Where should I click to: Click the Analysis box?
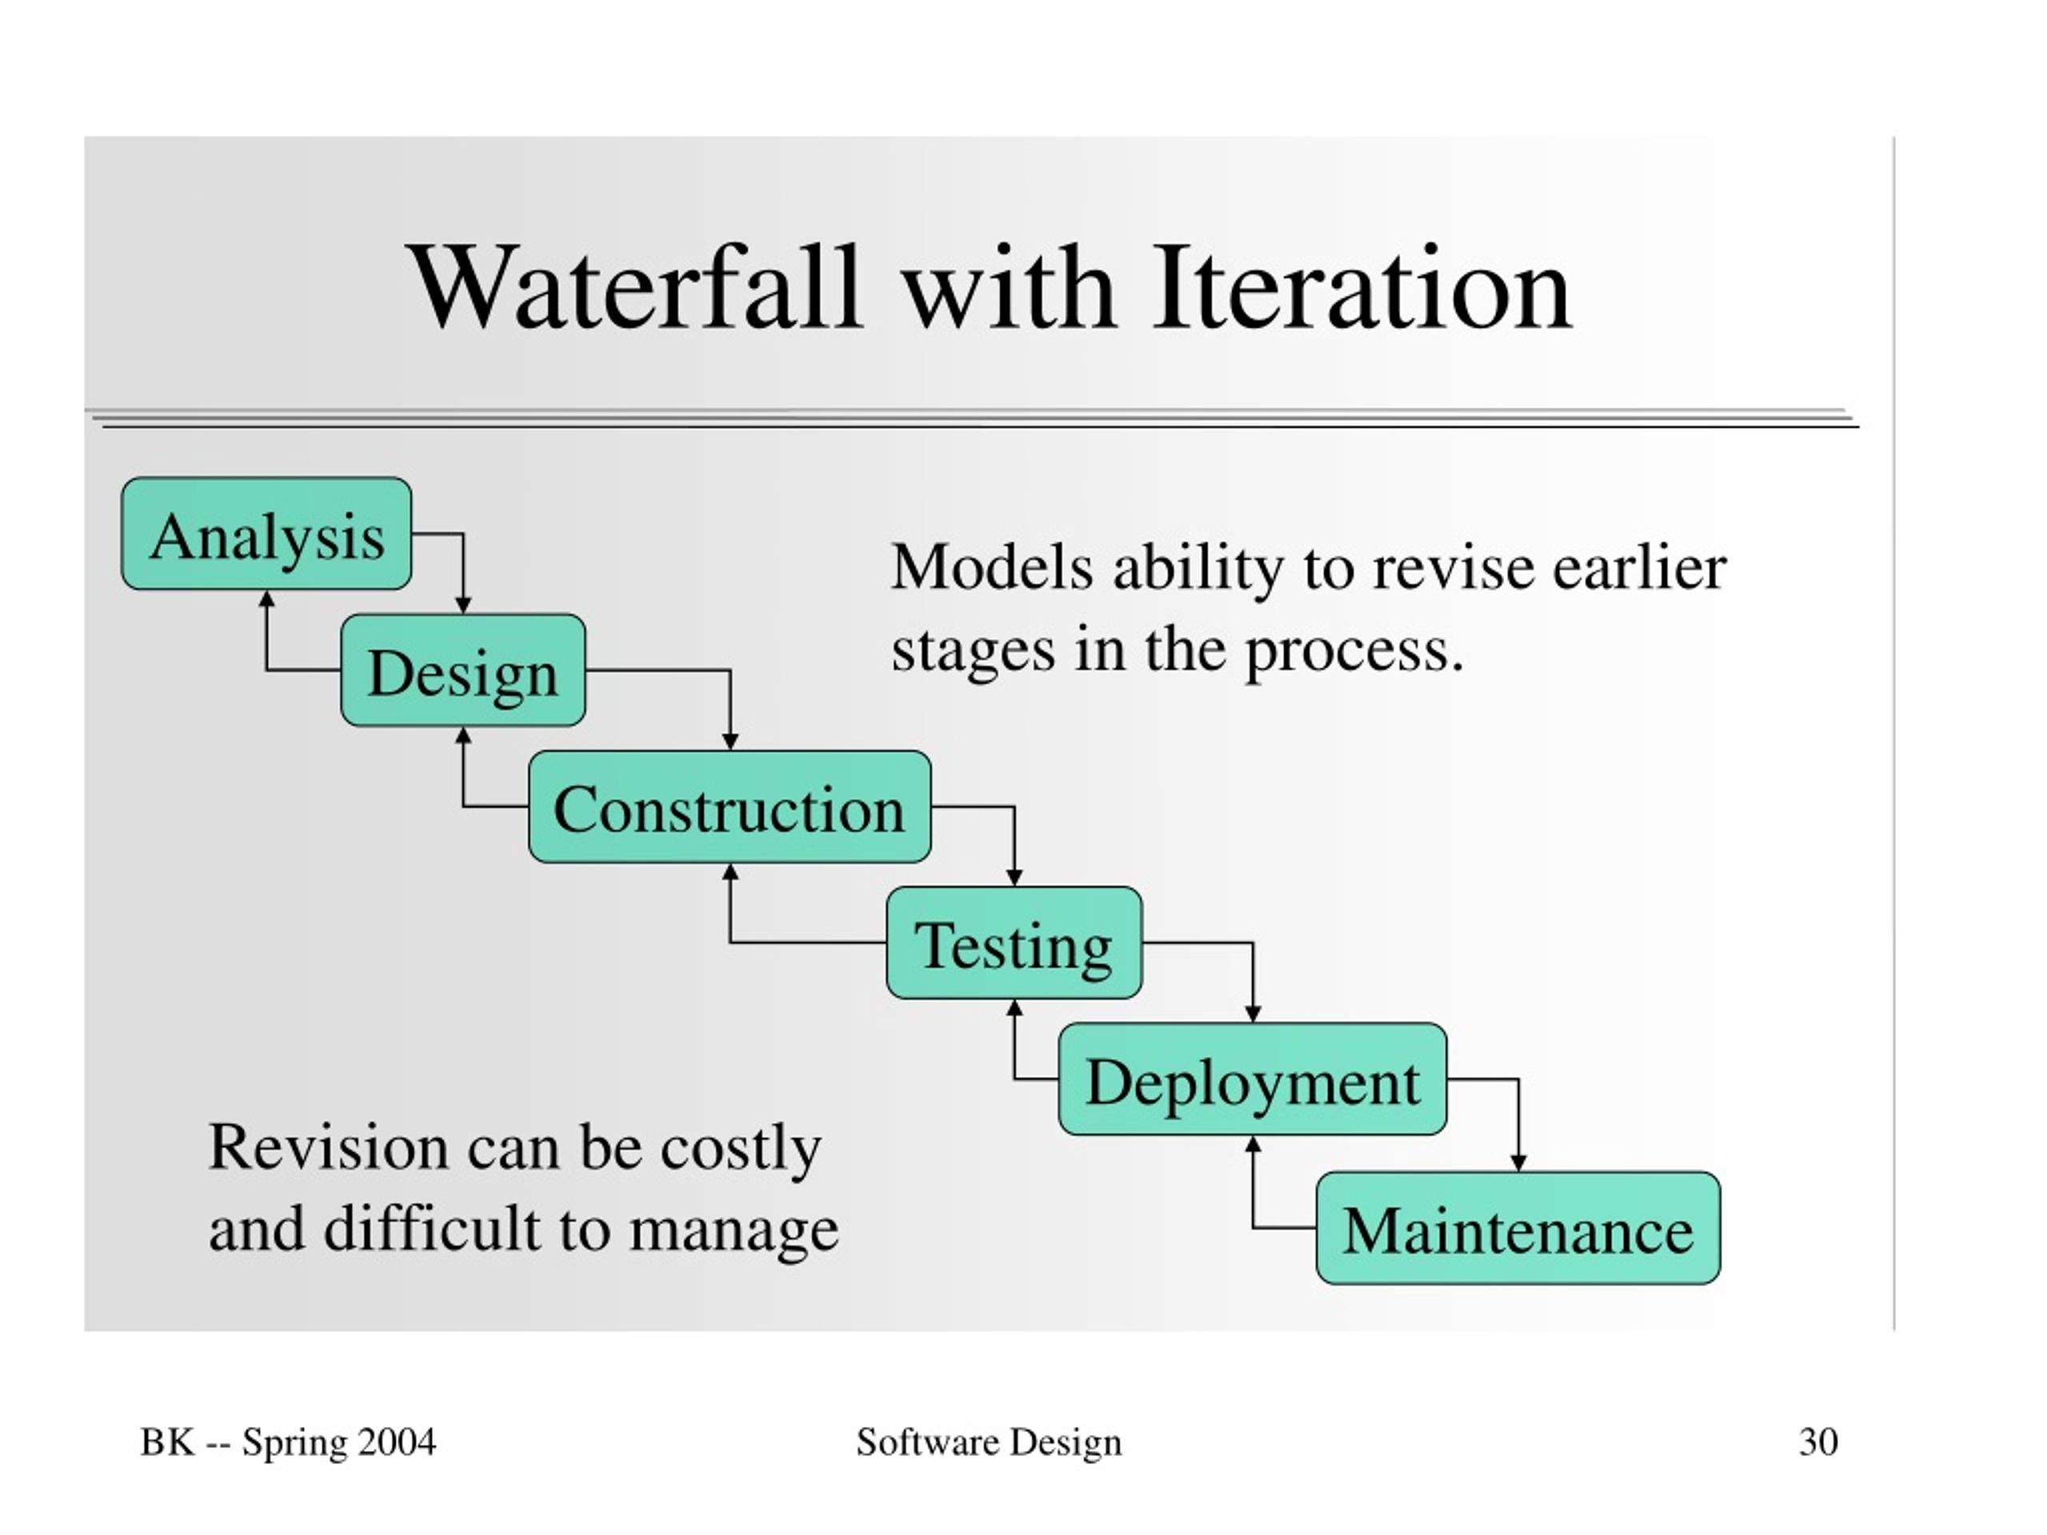click(x=266, y=534)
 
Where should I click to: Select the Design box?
click(x=463, y=670)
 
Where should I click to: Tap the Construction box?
click(x=729, y=807)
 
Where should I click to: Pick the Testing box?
click(x=1014, y=943)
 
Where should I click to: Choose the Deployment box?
click(x=1252, y=1078)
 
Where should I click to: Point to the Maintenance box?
click(x=1518, y=1228)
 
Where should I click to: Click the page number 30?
click(x=1818, y=1441)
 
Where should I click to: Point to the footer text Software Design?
click(x=988, y=1442)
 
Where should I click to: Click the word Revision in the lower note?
click(x=329, y=1147)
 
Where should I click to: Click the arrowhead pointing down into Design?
click(x=464, y=605)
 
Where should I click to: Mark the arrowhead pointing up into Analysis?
click(x=266, y=599)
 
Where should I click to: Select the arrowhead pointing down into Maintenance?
click(x=1518, y=1163)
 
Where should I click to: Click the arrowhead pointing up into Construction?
click(x=730, y=871)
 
